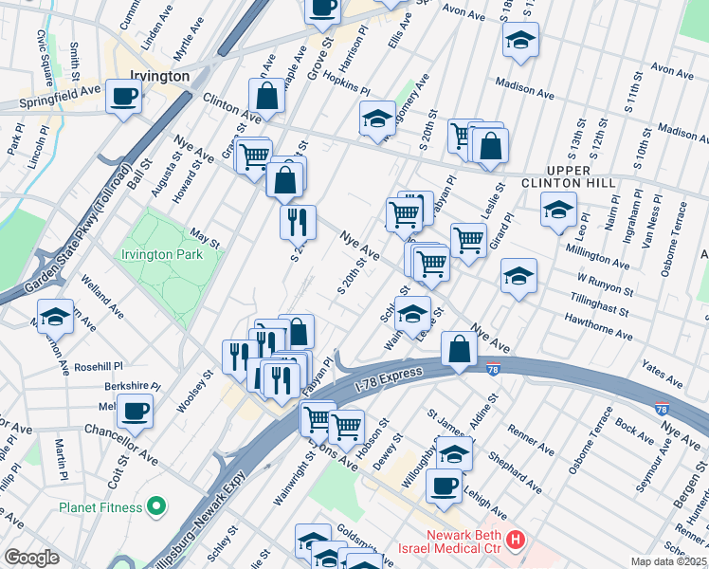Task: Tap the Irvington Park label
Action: (x=161, y=254)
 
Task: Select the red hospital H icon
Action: (x=516, y=541)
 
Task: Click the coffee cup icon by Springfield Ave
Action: (x=125, y=97)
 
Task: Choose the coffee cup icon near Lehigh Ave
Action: (x=443, y=487)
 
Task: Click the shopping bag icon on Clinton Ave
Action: (x=267, y=96)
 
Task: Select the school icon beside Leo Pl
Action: (x=558, y=209)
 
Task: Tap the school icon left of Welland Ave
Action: (x=56, y=316)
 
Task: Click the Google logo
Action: (x=31, y=558)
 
